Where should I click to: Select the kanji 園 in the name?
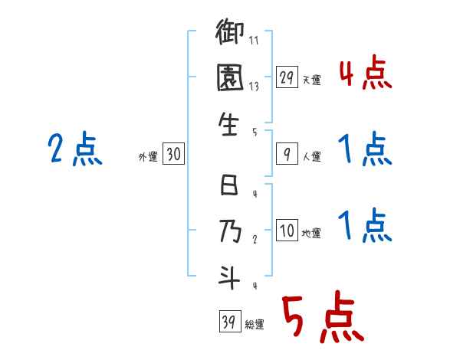[230, 79]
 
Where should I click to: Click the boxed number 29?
[286, 78]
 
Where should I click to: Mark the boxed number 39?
[228, 322]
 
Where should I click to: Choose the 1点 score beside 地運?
[365, 226]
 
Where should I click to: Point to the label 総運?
[255, 324]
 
